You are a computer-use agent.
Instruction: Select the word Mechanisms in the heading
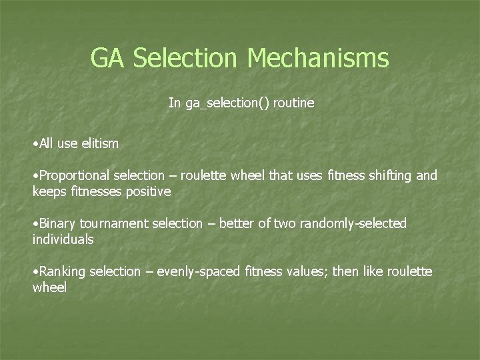(318, 58)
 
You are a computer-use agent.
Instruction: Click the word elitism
(96, 143)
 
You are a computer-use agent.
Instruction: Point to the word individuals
(63, 239)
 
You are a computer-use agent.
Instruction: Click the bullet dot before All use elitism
(35, 143)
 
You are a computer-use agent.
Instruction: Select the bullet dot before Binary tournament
(35, 224)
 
